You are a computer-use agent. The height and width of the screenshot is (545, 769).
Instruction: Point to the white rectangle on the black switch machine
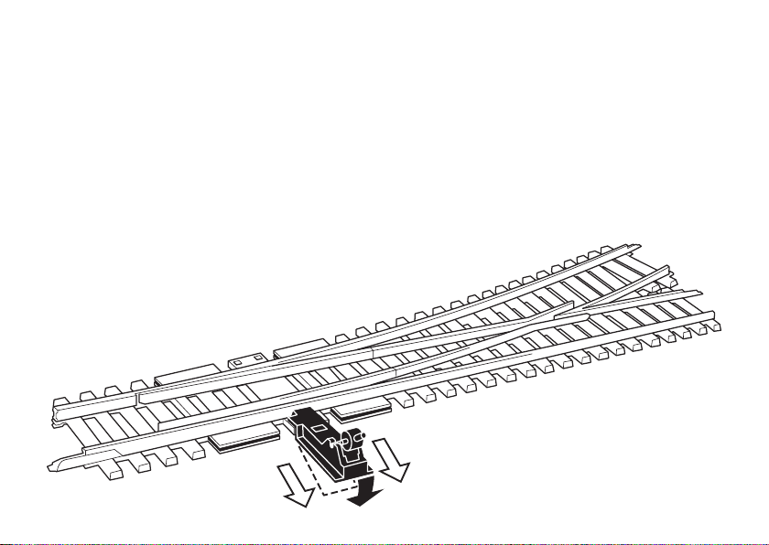pos(317,426)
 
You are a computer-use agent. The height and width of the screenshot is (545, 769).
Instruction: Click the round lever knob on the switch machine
pos(360,436)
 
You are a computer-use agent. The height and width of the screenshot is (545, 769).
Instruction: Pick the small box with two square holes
pos(244,361)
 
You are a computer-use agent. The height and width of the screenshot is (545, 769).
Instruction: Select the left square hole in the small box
pos(236,362)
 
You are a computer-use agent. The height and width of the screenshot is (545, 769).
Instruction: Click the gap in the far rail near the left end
pos(136,398)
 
